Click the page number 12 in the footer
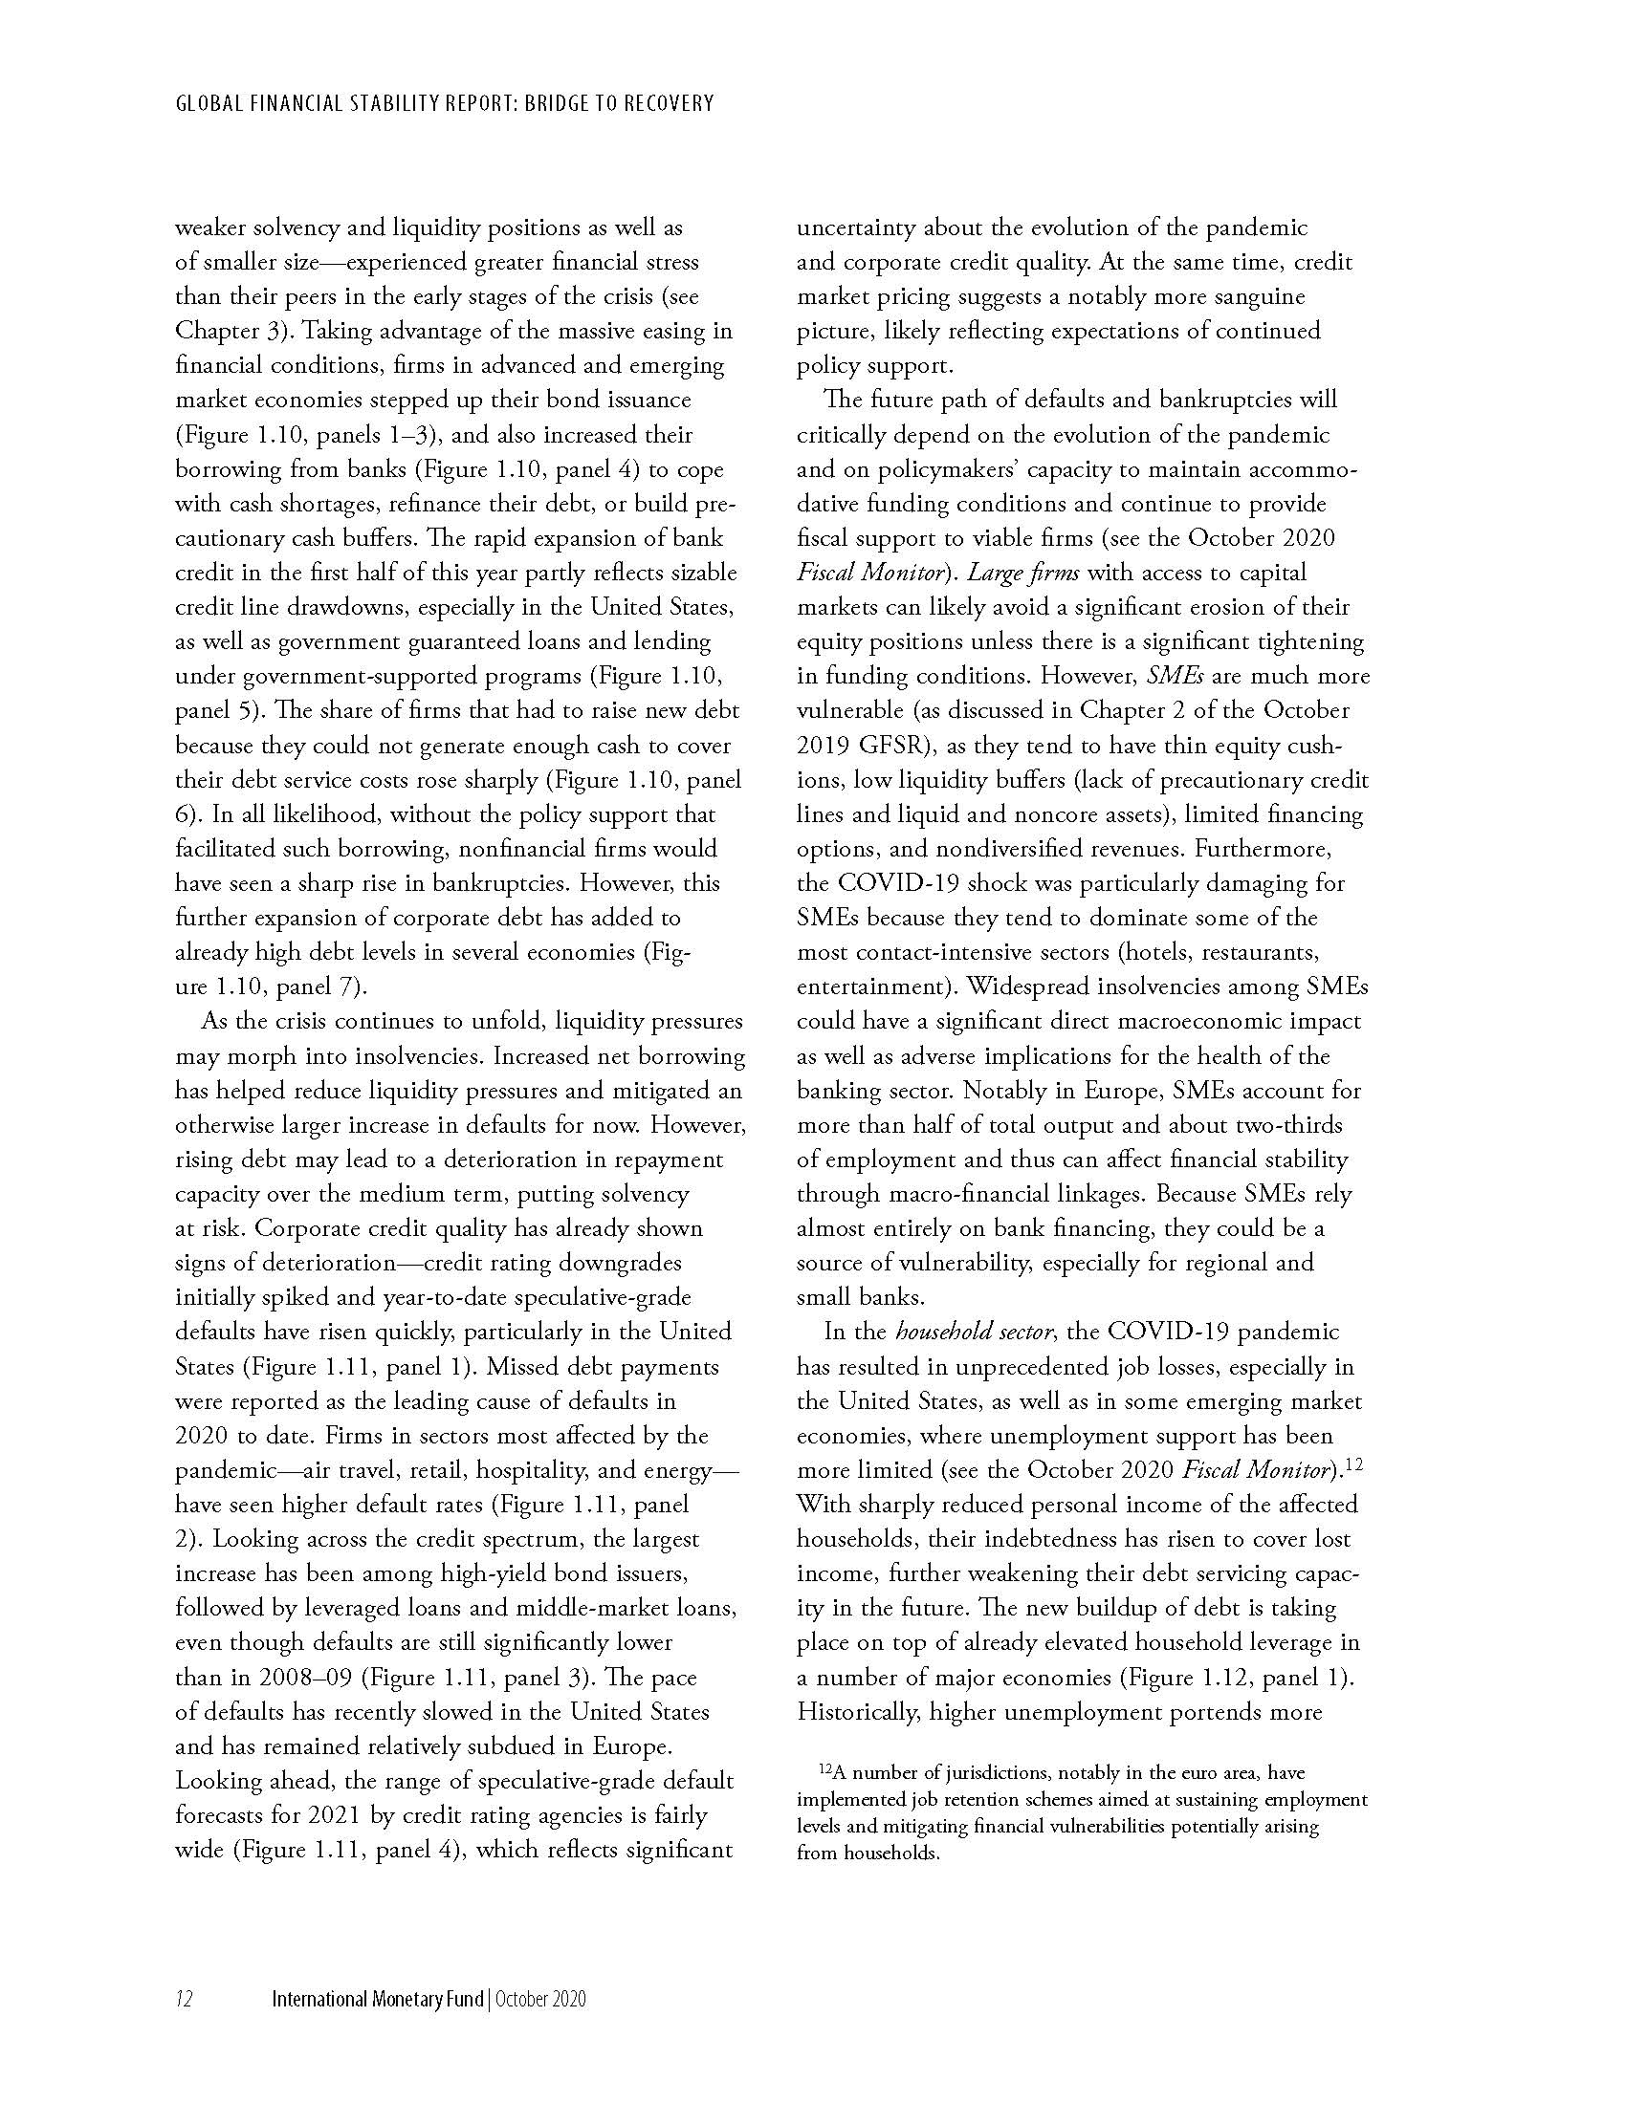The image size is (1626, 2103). pyautogui.click(x=183, y=2000)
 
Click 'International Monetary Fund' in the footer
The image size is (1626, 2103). pyautogui.click(x=379, y=2000)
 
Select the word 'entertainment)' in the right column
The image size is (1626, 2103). pyautogui.click(x=877, y=987)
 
